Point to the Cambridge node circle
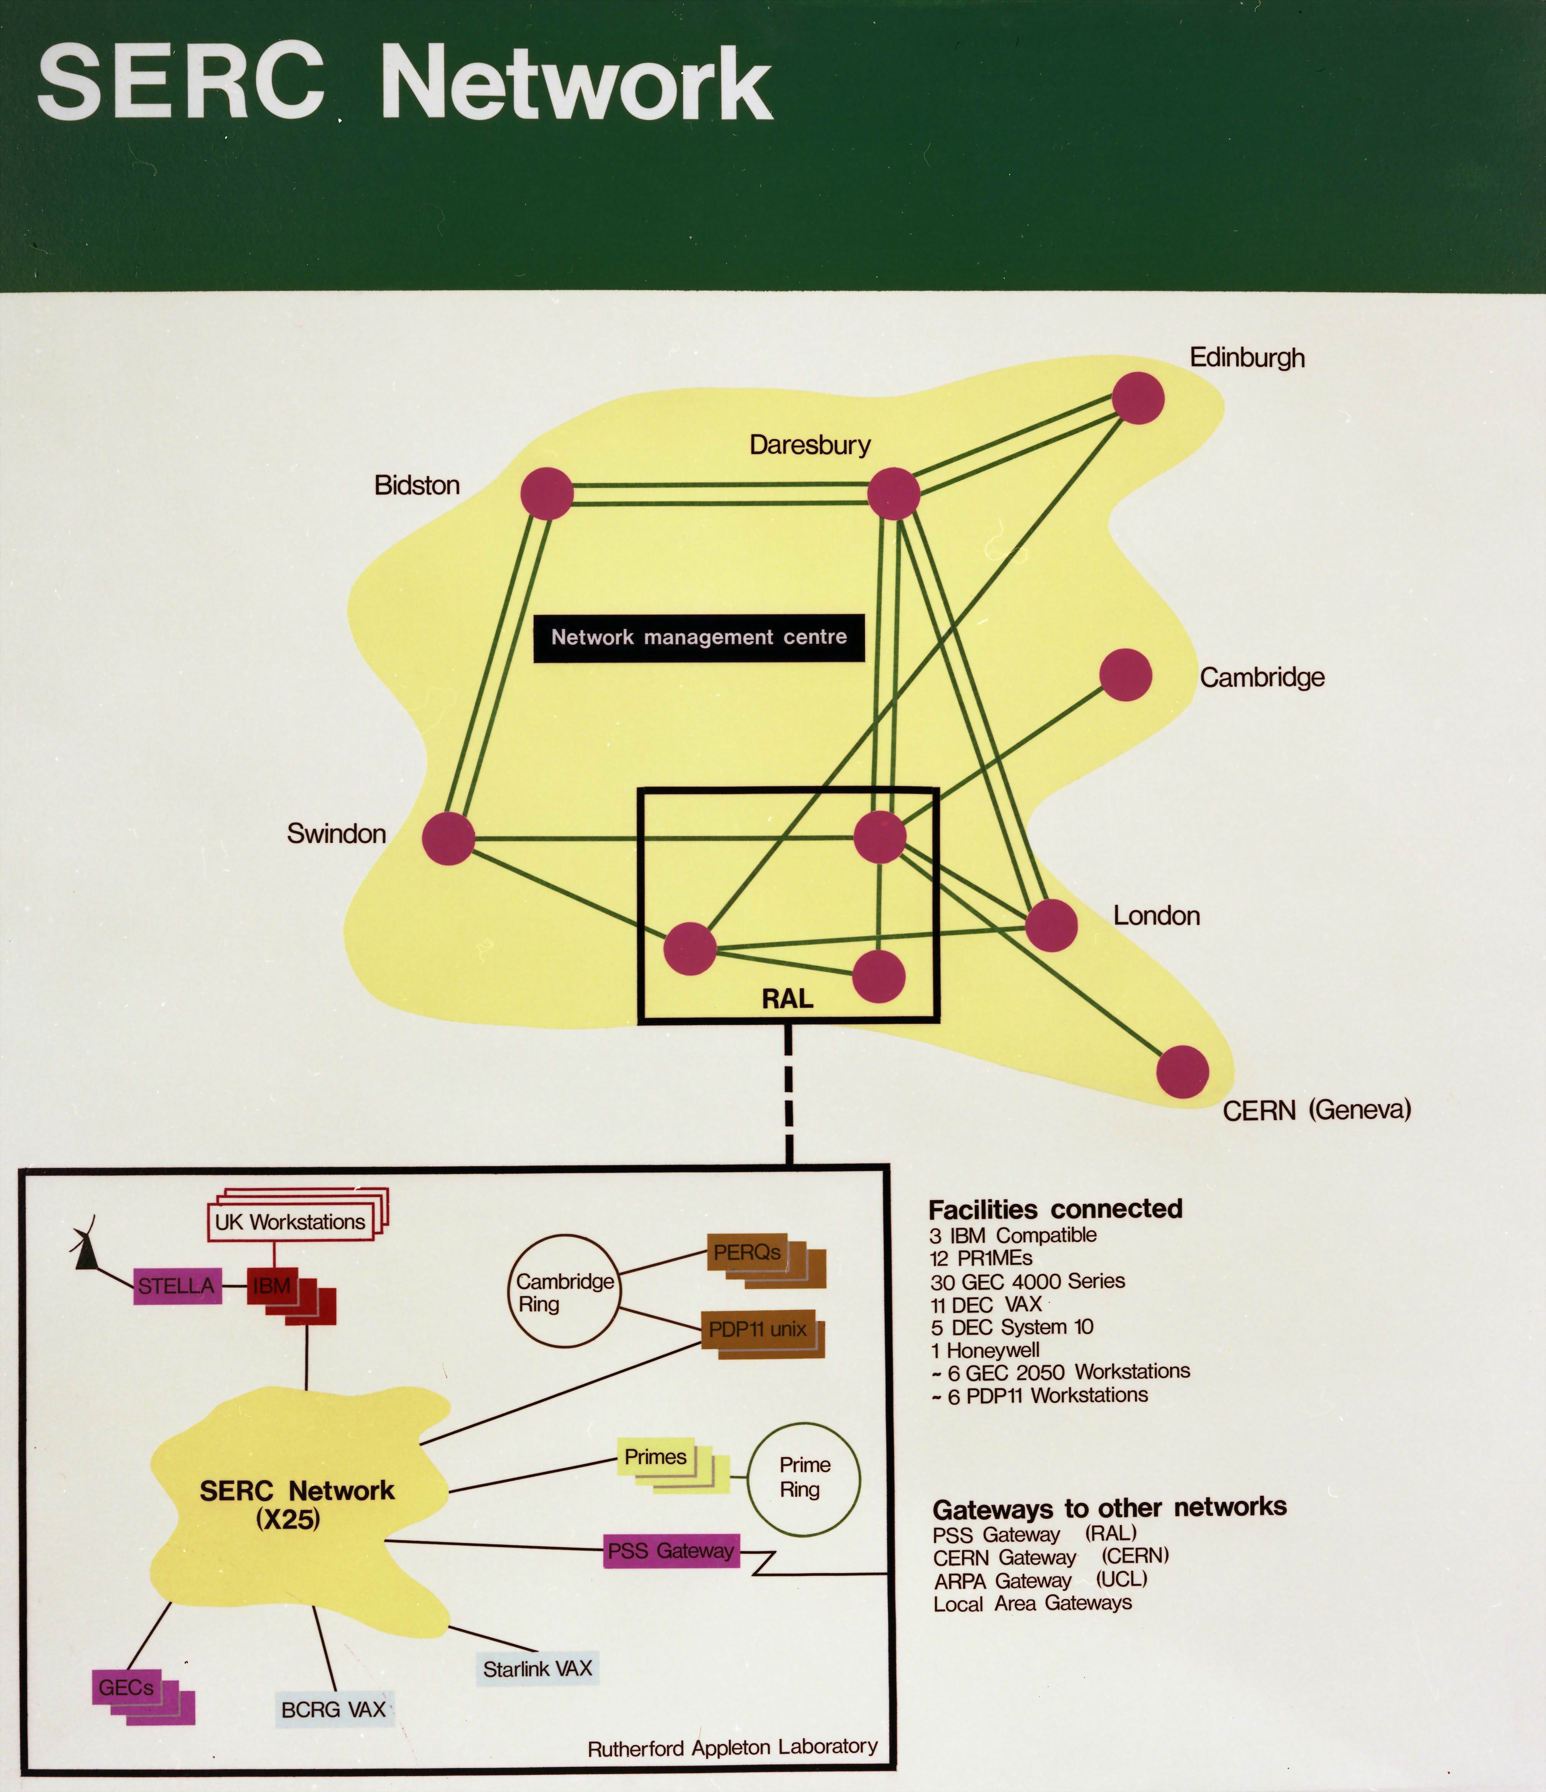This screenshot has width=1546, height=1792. tap(1126, 675)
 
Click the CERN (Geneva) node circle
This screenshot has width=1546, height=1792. tap(1182, 1072)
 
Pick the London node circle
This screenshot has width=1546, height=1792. tap(1051, 924)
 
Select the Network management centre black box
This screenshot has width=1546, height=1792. tap(699, 638)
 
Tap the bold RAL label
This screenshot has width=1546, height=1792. tap(787, 999)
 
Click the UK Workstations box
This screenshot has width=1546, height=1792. tap(291, 1222)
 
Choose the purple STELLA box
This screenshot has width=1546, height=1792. tap(176, 1286)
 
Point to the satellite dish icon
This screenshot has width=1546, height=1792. tap(85, 1250)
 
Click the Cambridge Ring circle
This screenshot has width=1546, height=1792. tap(564, 1291)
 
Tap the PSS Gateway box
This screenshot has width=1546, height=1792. tap(671, 1551)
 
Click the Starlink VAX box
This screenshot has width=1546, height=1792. tap(537, 1668)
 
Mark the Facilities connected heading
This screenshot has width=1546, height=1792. tap(1055, 1209)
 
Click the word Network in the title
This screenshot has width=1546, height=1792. tap(575, 85)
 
